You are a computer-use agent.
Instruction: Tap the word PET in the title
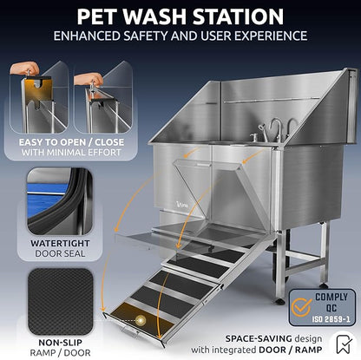(x=95, y=16)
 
